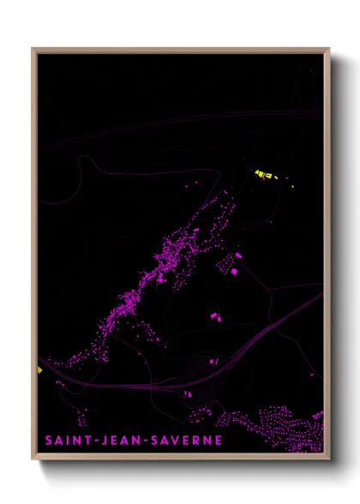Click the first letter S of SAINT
50,441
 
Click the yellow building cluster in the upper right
265,175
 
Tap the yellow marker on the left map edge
39,370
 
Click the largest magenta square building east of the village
233,272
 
